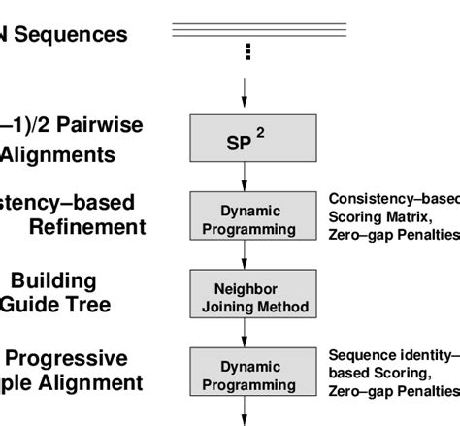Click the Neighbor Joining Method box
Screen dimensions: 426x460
[245, 297]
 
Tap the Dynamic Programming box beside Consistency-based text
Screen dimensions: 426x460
[245, 219]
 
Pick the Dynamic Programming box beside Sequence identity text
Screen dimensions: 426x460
[245, 376]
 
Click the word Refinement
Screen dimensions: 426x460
[86, 227]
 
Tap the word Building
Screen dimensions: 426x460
[67, 280]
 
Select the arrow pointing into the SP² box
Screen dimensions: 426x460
[245, 95]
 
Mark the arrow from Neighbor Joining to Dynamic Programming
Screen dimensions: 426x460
[245, 335]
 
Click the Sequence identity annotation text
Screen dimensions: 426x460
[393, 355]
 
